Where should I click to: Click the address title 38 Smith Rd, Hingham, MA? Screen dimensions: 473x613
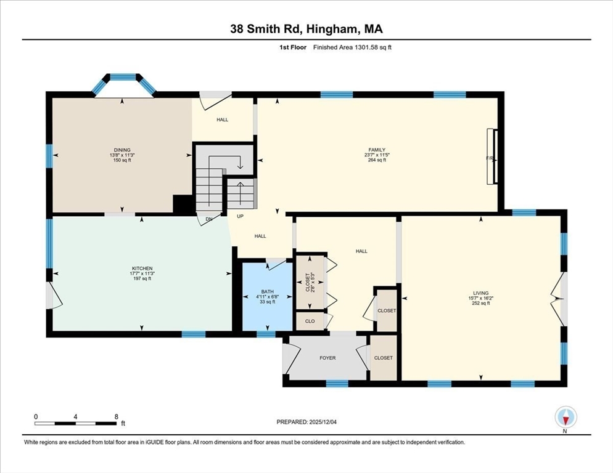tap(306, 29)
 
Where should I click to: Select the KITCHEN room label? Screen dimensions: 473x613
tap(142, 269)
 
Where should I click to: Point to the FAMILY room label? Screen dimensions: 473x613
tap(377, 150)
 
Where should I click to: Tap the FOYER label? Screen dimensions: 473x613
tap(327, 358)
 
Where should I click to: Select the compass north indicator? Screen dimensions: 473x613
tap(565, 418)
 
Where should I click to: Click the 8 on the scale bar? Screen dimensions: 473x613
tap(116, 417)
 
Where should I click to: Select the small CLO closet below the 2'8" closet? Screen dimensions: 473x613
tap(309, 321)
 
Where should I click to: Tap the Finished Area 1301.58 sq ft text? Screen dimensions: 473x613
tap(352, 47)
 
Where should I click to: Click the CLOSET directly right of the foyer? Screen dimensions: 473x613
tap(383, 358)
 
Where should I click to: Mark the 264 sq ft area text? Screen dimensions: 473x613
tap(377, 160)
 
